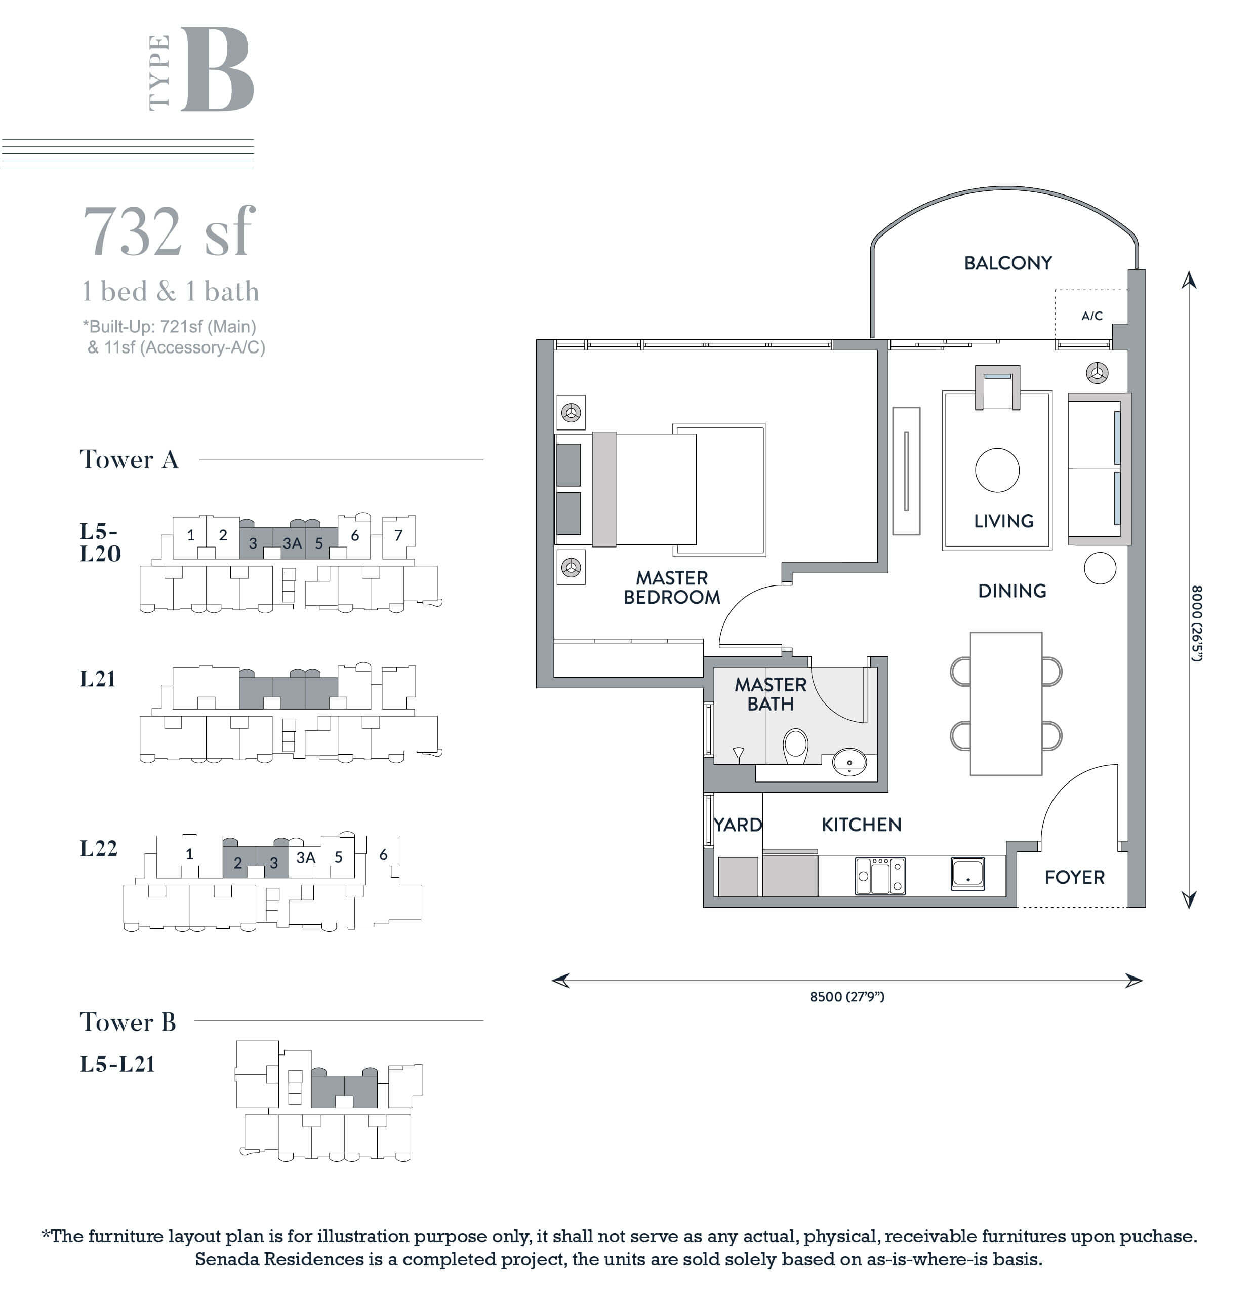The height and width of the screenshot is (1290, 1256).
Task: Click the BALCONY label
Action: [1007, 263]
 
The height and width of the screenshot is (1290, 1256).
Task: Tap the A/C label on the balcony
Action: [1092, 316]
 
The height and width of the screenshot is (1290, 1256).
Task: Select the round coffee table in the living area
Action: [997, 470]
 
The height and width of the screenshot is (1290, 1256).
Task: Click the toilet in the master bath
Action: [795, 746]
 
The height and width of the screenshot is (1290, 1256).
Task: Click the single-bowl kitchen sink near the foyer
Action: [968, 874]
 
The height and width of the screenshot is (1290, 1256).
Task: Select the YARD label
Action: [738, 825]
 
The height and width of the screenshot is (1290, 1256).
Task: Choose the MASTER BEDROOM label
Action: [672, 588]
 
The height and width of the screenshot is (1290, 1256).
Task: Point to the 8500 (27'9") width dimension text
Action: [847, 996]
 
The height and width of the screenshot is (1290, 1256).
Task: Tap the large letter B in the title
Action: [217, 69]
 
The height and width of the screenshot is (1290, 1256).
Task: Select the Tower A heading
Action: [129, 459]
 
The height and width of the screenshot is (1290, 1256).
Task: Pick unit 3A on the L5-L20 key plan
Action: [292, 543]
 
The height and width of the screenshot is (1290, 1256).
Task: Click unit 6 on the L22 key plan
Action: [383, 854]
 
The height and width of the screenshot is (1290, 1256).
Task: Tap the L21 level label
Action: [98, 679]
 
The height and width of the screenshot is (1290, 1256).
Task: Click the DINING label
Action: [1012, 591]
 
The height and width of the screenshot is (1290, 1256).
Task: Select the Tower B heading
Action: [128, 1022]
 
